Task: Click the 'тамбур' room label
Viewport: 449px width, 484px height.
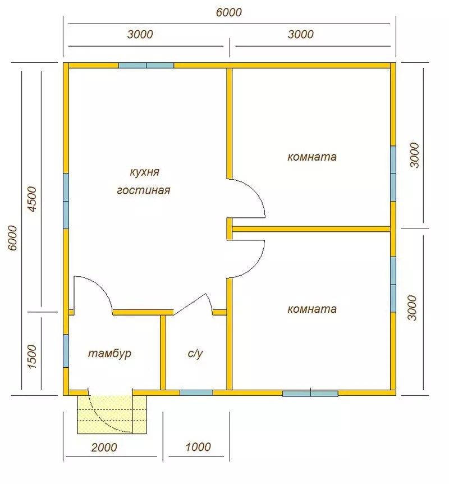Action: [109, 353]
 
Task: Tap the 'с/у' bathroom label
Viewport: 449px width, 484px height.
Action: [195, 353]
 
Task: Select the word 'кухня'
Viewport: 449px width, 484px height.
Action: [144, 172]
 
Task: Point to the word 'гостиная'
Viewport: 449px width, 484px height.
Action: [144, 190]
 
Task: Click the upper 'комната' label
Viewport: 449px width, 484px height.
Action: [311, 157]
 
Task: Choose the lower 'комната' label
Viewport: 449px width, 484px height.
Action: [311, 309]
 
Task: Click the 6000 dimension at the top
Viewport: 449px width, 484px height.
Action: [228, 13]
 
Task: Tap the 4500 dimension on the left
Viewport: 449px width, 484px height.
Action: [32, 199]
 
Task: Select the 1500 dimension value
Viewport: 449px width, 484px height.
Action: [32, 357]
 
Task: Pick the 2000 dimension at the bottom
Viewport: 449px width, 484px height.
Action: [104, 448]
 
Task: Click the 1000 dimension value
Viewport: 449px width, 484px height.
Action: [198, 446]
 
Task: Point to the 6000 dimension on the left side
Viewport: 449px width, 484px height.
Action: [12, 238]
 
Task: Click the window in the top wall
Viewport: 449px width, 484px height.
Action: [146, 66]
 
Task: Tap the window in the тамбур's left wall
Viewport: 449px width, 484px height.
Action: [66, 351]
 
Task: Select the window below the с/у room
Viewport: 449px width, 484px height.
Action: [196, 392]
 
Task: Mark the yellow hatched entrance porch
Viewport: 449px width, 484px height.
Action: [111, 414]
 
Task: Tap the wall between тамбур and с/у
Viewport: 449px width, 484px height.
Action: [163, 352]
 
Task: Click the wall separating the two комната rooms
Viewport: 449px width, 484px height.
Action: [311, 229]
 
